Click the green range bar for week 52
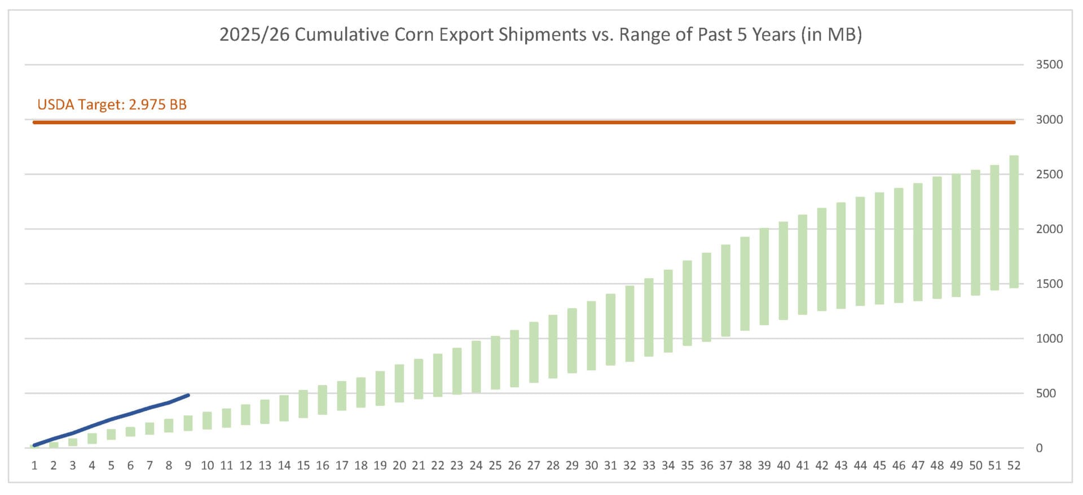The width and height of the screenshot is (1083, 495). [x=1014, y=222]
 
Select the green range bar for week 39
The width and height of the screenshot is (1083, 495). [x=764, y=277]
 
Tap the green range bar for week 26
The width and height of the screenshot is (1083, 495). [x=514, y=358]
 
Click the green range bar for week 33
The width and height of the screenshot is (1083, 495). [x=649, y=317]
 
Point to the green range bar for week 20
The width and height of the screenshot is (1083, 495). [x=399, y=383]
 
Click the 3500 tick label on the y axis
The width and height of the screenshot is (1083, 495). [x=1049, y=64]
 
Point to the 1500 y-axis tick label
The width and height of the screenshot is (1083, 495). [x=1049, y=284]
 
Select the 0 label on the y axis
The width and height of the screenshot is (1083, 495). [x=1039, y=448]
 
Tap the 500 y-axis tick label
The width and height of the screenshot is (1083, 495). [x=1046, y=393]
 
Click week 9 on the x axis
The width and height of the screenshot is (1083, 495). [x=188, y=466]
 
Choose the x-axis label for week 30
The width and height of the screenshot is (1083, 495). [x=591, y=466]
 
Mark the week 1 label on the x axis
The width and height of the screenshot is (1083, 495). [x=34, y=466]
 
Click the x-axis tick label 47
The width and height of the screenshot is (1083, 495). [x=918, y=466]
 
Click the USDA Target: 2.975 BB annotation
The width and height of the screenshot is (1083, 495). [x=112, y=104]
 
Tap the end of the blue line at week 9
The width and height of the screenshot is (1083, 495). [x=188, y=395]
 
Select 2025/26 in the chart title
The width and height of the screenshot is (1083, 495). [x=254, y=34]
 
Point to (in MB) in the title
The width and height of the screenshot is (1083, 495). [x=831, y=34]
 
